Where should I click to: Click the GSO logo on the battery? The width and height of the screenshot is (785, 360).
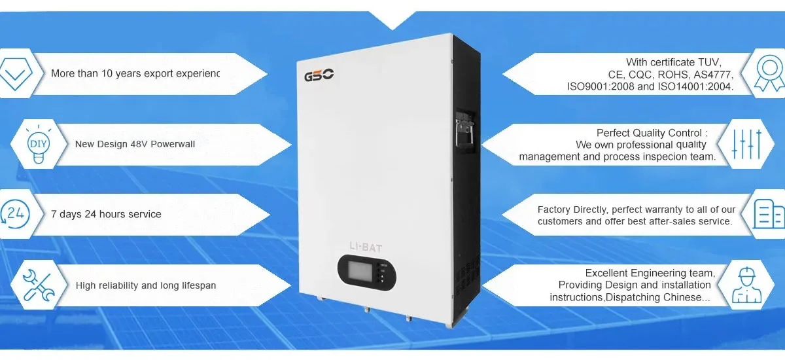tap(319, 76)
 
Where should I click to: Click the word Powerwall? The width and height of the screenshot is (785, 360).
tap(173, 144)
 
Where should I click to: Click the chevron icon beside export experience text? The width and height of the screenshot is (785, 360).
tap(15, 74)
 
